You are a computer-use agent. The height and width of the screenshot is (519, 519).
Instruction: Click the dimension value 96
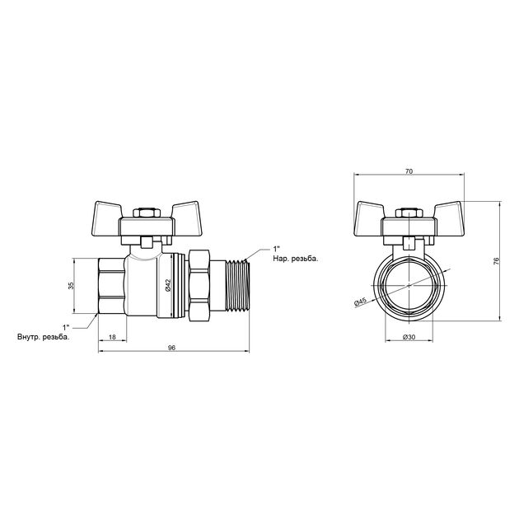point(171,348)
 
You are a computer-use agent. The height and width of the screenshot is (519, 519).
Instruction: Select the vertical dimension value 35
point(72,285)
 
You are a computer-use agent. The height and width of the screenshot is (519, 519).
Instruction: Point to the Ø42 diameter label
point(167,284)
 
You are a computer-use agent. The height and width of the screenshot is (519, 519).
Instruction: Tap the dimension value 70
point(409,171)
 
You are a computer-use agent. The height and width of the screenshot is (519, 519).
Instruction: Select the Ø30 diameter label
point(409,338)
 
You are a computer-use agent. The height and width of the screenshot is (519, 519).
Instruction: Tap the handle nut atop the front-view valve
point(409,215)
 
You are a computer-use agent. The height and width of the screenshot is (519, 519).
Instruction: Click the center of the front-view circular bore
point(409,284)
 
